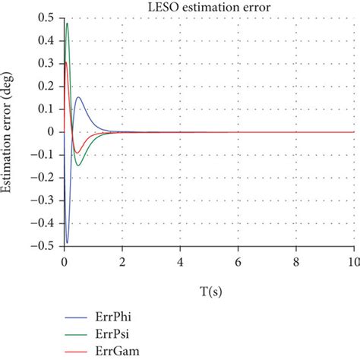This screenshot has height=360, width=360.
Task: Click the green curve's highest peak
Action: coord(67,24)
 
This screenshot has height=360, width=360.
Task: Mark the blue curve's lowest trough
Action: coord(67,242)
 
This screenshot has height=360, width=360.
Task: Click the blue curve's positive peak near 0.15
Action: coord(78,97)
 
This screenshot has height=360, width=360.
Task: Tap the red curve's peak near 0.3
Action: coord(65,62)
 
